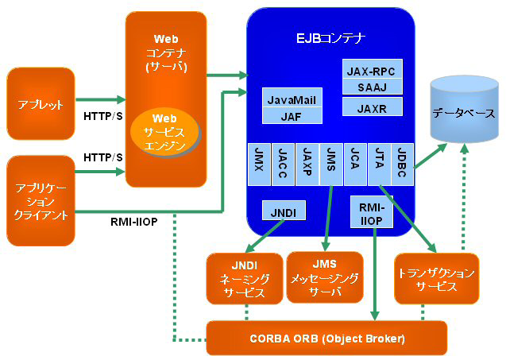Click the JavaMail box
coord(292,100)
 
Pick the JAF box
coord(292,116)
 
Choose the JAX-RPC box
coord(372,70)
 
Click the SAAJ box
coord(372,86)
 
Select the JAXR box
coord(372,106)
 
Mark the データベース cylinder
coord(463,111)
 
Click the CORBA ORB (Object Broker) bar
coord(326,339)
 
